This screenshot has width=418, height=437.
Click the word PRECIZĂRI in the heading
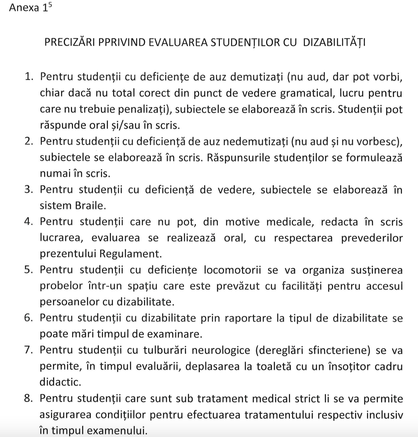(69, 43)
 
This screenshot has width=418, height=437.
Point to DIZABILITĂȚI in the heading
(334, 43)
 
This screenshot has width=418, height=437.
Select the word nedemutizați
(255, 142)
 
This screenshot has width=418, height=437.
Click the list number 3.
(29, 190)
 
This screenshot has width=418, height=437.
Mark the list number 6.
(29, 318)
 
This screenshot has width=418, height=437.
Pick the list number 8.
(29, 398)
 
